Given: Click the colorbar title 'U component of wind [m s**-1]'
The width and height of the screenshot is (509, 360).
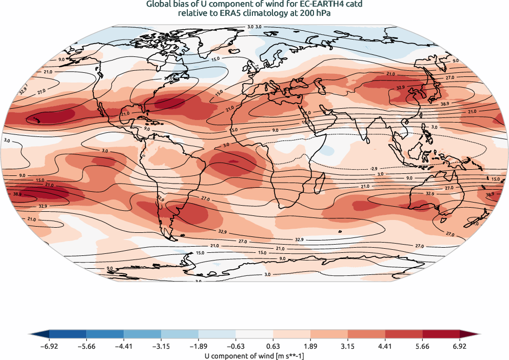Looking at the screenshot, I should (254, 355).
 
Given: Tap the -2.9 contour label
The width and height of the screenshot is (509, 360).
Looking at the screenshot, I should (374, 169).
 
